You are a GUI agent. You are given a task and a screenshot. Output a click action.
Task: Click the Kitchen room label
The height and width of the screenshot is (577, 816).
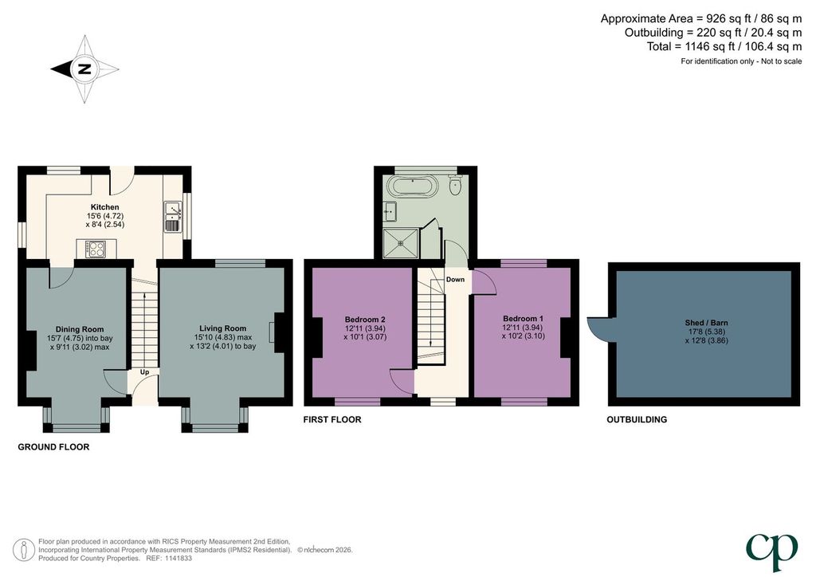104,207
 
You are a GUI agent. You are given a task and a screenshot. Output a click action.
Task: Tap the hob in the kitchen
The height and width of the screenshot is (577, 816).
96,249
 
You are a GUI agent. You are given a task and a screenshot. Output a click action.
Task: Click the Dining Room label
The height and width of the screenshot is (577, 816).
80,329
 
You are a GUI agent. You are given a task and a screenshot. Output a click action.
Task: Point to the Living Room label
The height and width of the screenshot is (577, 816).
223,328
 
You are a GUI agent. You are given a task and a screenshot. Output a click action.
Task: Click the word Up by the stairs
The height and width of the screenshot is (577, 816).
145,372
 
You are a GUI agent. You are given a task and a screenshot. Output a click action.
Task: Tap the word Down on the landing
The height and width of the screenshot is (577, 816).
455,280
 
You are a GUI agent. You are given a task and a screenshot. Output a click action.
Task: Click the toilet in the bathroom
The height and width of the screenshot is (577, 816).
455,185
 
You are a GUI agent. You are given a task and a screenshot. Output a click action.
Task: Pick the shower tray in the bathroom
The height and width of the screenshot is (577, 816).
400,243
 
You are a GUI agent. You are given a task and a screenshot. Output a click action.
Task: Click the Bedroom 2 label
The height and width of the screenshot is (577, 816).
365,320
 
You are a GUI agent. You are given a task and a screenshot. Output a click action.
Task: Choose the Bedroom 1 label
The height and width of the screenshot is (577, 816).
523,319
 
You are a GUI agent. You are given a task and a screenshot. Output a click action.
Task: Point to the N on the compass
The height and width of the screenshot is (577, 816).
84,69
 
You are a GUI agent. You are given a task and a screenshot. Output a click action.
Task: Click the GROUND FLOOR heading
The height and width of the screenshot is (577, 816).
53,447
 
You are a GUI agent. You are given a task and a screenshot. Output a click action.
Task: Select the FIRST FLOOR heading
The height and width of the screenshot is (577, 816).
332,419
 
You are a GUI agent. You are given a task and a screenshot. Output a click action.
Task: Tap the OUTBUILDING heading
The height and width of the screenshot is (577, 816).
637,419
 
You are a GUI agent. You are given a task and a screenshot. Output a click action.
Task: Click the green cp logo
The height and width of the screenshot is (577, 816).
771,551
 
